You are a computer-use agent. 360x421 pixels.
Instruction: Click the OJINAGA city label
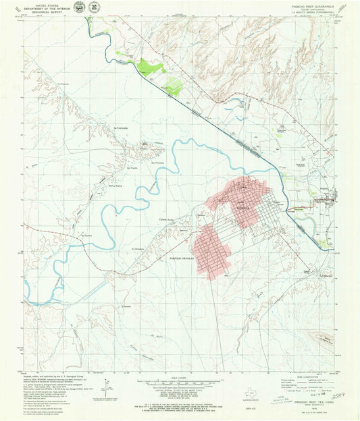[241, 209]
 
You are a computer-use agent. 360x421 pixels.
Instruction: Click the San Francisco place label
[158, 163]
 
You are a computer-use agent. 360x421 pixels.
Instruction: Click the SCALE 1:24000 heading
[179, 376]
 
